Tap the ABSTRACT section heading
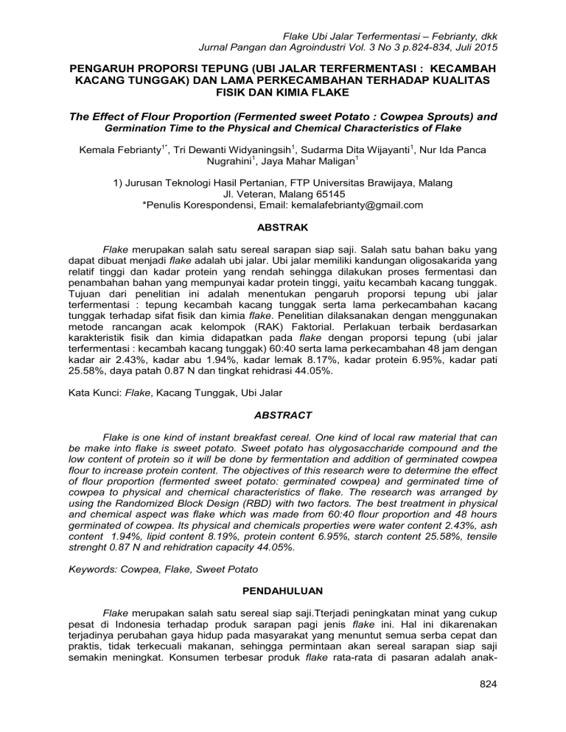coord(283,415)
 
